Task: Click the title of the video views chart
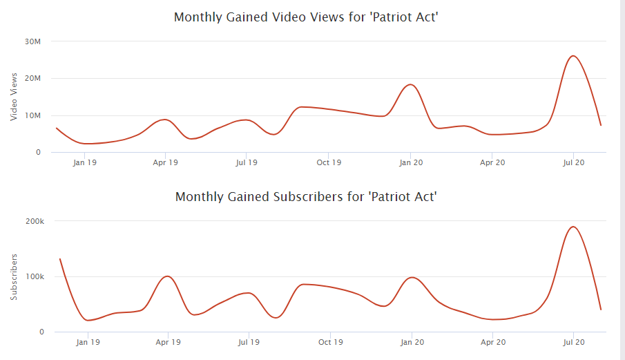(306, 17)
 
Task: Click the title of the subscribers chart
(306, 196)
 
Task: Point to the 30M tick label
(33, 41)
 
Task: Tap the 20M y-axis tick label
(33, 78)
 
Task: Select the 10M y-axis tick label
(33, 115)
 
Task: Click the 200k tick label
(35, 221)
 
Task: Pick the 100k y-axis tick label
(35, 276)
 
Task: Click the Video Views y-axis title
(14, 97)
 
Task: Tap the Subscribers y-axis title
(14, 276)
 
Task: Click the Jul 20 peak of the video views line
(573, 56)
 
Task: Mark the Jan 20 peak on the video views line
(410, 84)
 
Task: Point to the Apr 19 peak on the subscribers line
(167, 276)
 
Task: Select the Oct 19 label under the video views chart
(329, 163)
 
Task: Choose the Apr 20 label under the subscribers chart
(492, 342)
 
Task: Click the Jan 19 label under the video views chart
(84, 163)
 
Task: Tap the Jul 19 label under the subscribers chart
(248, 342)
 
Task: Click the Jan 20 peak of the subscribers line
(412, 277)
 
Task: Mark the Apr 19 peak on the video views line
(164, 120)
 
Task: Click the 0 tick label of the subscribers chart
(41, 332)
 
